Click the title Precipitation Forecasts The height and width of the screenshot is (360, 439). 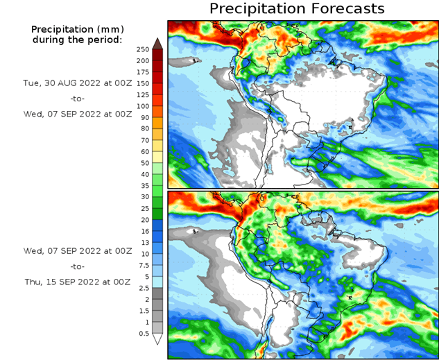297,9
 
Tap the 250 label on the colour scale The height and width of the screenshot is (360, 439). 143,49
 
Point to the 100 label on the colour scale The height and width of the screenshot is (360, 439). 143,106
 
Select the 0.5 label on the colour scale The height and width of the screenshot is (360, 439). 143,334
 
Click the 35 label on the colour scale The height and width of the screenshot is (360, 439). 143,186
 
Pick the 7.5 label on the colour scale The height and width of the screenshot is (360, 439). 143,266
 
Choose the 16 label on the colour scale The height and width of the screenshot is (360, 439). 143,231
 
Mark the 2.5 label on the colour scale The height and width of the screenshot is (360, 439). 143,288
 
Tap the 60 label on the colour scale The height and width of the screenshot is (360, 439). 143,151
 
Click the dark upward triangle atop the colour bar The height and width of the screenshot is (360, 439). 157,43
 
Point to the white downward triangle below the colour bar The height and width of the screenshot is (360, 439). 157,339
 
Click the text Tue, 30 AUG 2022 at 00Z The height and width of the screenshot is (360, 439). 77,83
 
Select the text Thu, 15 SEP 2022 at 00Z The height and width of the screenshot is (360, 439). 77,282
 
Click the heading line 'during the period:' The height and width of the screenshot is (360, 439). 77,40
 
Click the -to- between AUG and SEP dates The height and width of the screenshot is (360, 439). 77,98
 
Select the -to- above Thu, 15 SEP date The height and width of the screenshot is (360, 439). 77,266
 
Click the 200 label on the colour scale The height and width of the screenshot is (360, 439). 143,60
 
